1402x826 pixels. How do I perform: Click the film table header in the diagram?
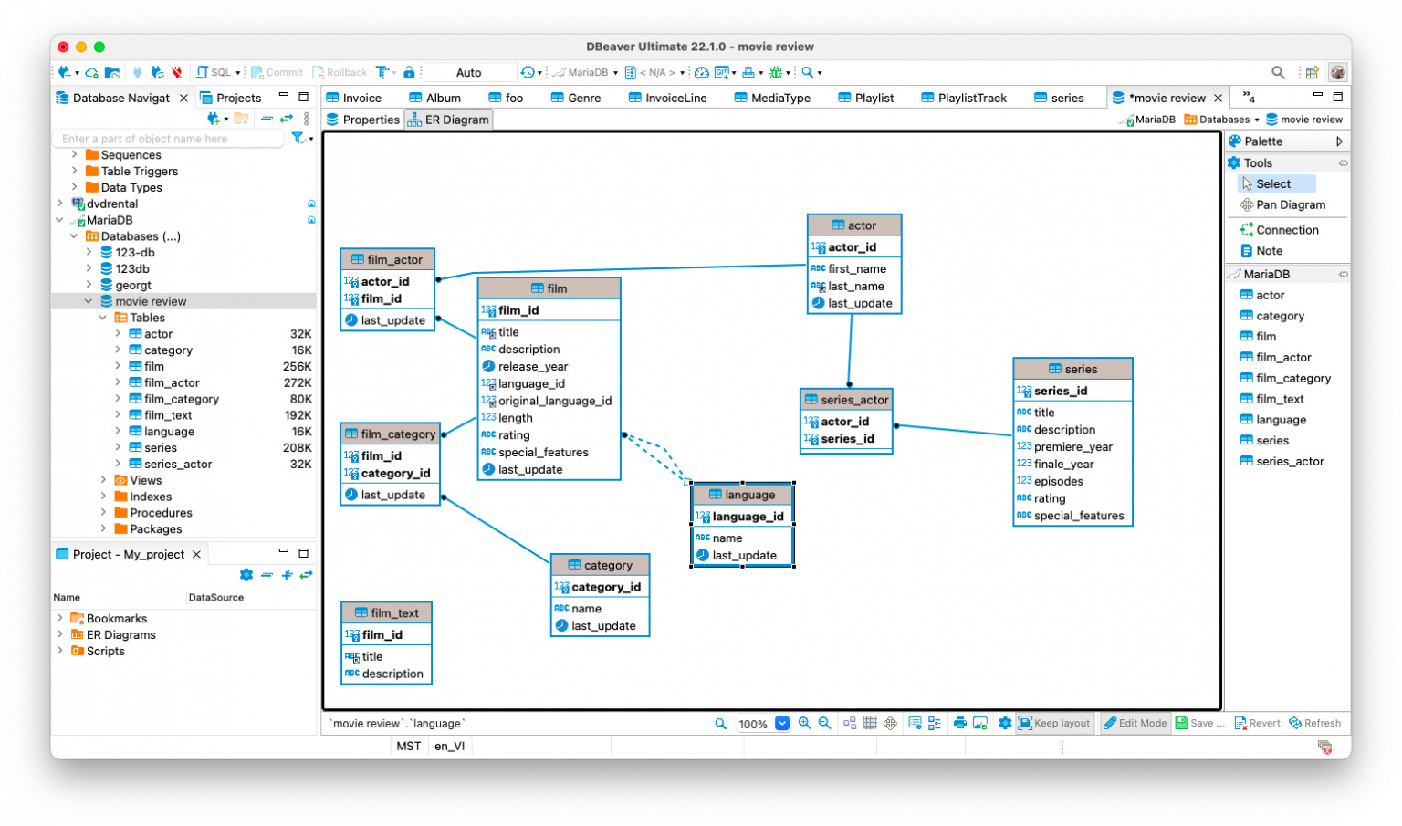[x=549, y=288]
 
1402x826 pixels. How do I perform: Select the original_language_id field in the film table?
[x=554, y=401]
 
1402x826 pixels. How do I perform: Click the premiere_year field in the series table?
[x=1072, y=446]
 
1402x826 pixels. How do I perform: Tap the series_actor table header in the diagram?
[x=846, y=400]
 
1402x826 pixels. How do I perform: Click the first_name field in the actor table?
[x=856, y=268]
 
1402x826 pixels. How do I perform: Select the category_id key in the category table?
[x=605, y=587]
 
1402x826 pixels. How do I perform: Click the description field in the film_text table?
[x=392, y=674]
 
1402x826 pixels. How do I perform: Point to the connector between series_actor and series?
[x=953, y=430]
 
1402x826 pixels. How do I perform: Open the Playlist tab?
[x=874, y=98]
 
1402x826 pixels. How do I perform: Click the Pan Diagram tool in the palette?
[x=1290, y=204]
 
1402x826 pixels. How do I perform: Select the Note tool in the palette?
[x=1269, y=251]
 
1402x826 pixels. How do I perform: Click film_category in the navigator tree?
[x=181, y=399]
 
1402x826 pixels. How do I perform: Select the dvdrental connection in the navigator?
[x=112, y=204]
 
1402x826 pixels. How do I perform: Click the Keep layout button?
[x=1054, y=723]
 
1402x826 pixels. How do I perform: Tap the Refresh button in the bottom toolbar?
[x=1314, y=723]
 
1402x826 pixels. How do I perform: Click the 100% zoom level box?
[x=753, y=724]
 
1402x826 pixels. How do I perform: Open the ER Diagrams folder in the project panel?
[x=120, y=634]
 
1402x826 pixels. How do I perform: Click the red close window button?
[x=63, y=47]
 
